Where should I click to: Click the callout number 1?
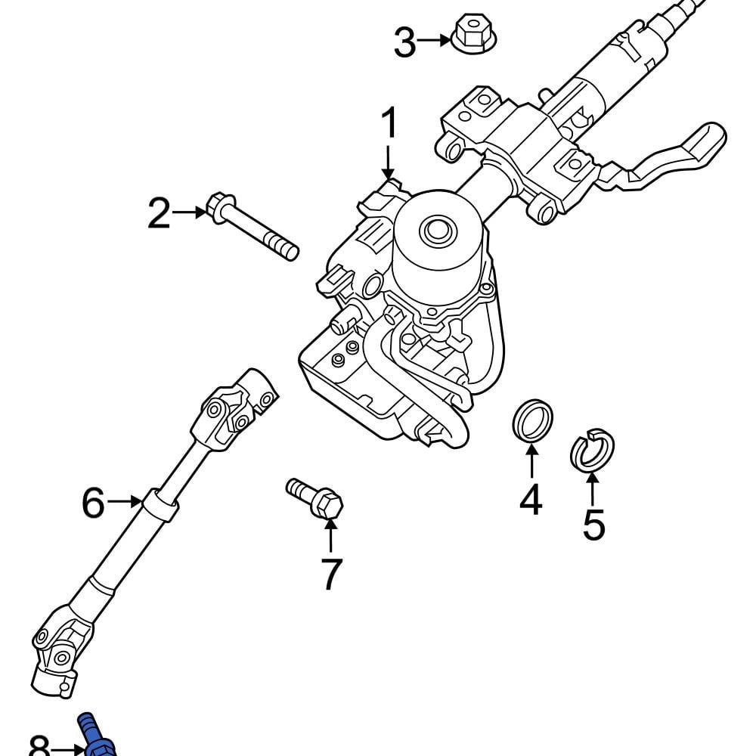click(x=389, y=125)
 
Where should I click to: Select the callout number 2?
click(x=159, y=214)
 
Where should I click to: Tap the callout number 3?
click(x=404, y=42)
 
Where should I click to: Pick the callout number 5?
click(x=593, y=525)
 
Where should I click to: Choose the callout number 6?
click(x=93, y=503)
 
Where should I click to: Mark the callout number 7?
click(x=331, y=574)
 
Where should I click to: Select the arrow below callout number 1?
click(x=388, y=163)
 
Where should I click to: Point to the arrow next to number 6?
click(x=125, y=501)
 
